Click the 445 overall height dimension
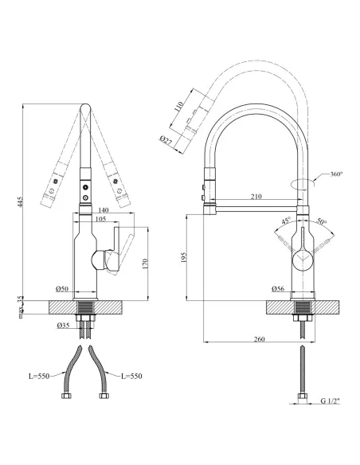tap(20, 201)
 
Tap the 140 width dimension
tap(103, 210)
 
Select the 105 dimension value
tap(100, 219)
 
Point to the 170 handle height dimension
tap(145, 264)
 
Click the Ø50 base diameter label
tap(62, 288)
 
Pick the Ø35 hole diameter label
tap(63, 326)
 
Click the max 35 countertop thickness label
tap(21, 307)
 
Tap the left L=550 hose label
tap(39, 376)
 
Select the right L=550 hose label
tap(131, 376)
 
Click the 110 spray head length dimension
tap(178, 107)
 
